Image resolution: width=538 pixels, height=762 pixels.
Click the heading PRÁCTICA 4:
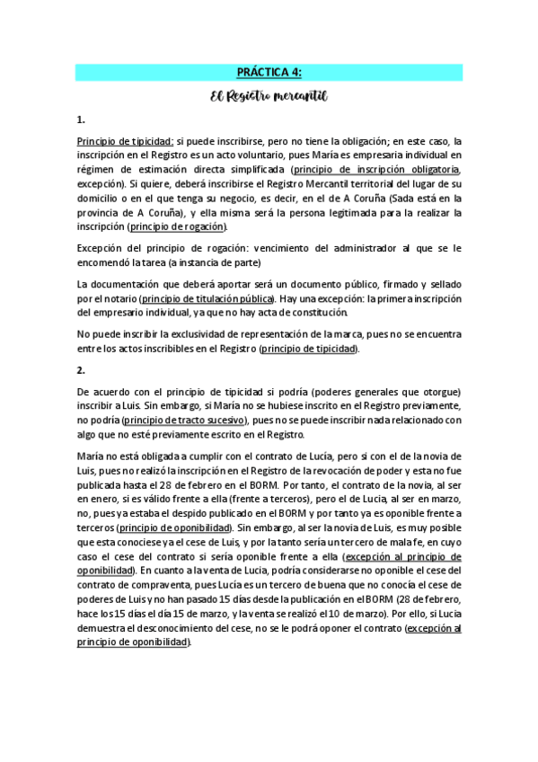pyautogui.click(x=269, y=73)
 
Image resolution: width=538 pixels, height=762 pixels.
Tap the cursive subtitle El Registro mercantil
pyautogui.click(x=269, y=94)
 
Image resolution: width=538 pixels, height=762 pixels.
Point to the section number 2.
pyautogui.click(x=81, y=368)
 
